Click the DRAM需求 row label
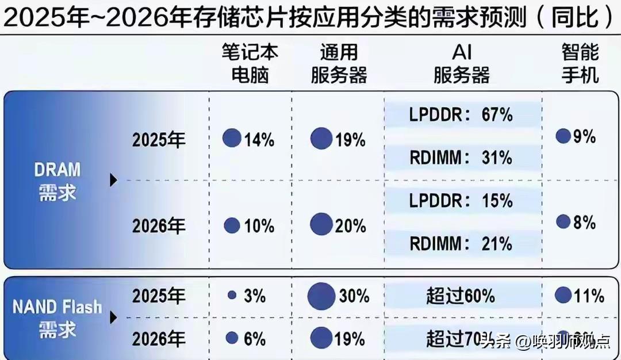[57, 181]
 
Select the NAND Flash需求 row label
[57, 317]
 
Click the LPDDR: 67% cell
[461, 114]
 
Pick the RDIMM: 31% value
[461, 157]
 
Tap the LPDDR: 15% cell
[461, 201]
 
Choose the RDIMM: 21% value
[461, 243]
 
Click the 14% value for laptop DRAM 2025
[259, 140]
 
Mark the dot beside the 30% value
[321, 297]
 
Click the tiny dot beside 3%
[232, 295]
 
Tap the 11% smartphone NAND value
[589, 296]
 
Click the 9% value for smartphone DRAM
[584, 137]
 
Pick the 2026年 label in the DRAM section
[159, 226]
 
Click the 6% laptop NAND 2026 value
[254, 339]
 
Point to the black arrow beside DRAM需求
[113, 181]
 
